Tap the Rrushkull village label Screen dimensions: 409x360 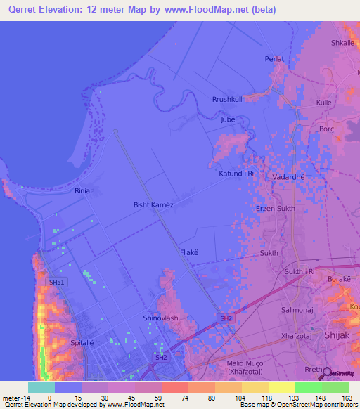click(x=227, y=100)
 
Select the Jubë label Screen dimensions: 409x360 click(x=227, y=119)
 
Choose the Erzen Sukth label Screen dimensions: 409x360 click(x=275, y=209)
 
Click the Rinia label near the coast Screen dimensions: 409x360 click(x=84, y=190)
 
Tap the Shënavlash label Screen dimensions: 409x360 click(x=161, y=318)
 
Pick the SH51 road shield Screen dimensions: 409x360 click(x=56, y=283)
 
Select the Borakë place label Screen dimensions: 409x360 click(x=340, y=280)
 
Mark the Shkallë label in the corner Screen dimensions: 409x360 click(x=345, y=43)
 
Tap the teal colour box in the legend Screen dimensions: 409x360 click(x=41, y=387)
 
